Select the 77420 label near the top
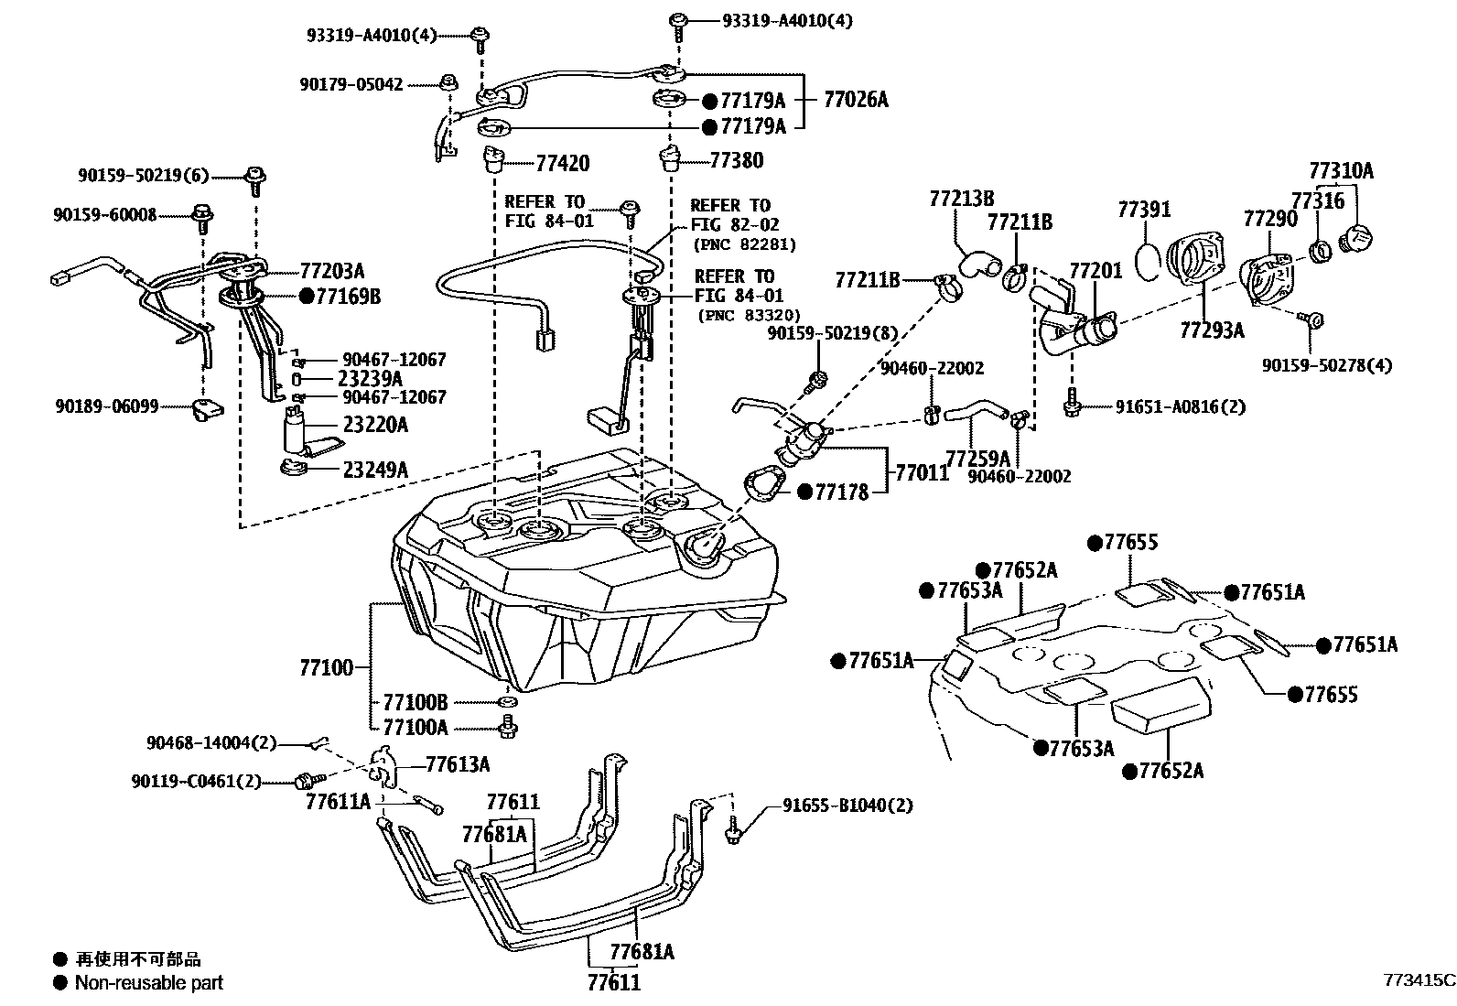pos(562,164)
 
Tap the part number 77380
pos(736,160)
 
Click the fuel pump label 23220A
pos(375,425)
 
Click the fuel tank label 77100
pos(326,667)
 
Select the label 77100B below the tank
pos(415,702)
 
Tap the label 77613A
pos(458,764)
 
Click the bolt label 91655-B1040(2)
pos(847,806)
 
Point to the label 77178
pos(841,492)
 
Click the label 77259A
pos(977,457)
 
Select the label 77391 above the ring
pos(1143,210)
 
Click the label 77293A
pos(1212,330)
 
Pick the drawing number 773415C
pos(1418,979)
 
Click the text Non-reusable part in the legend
pos(148,983)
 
